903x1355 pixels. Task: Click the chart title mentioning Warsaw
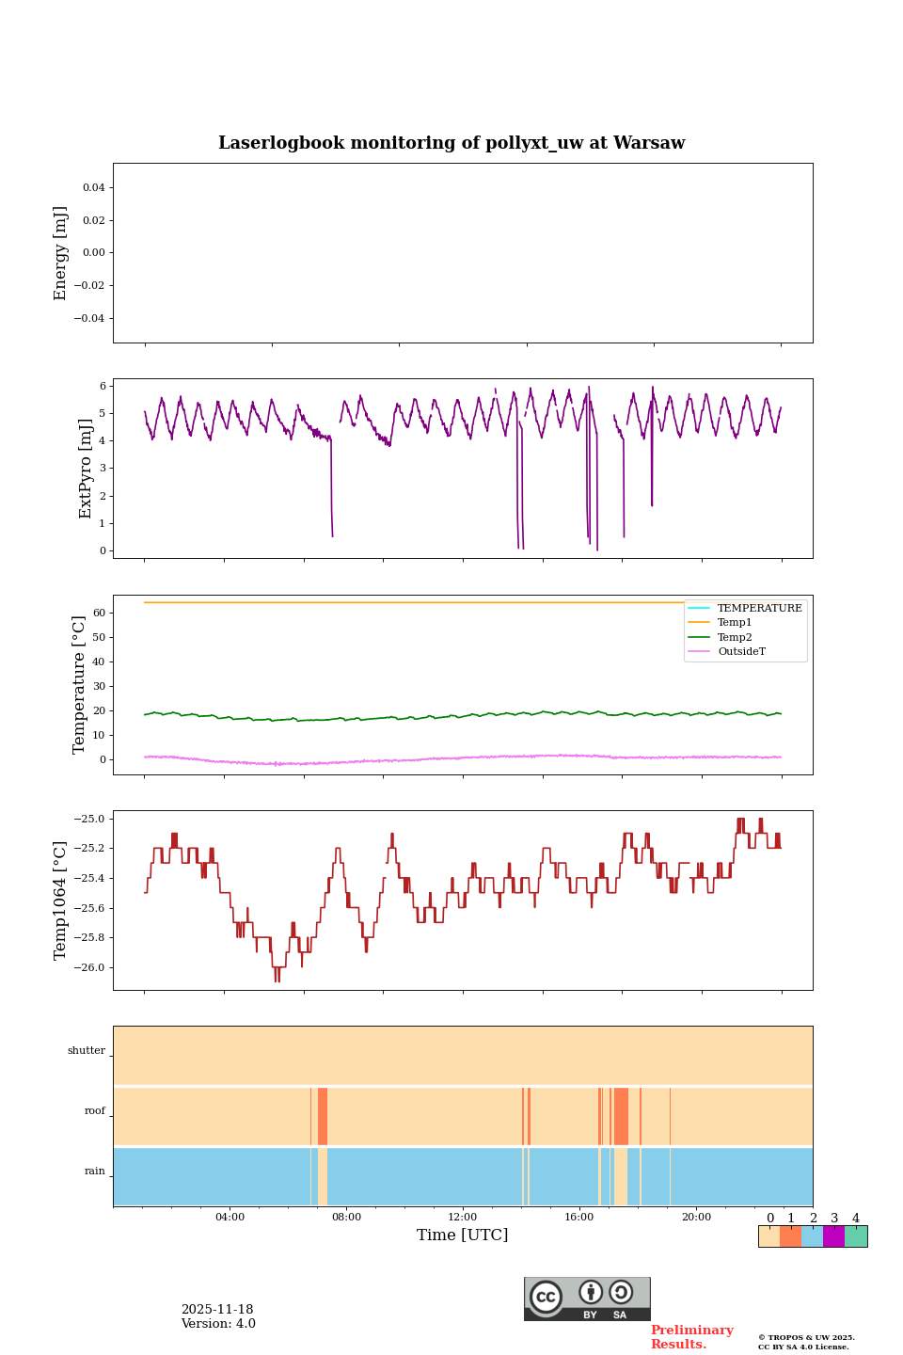[451, 143]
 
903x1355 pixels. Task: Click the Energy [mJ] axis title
[61, 253]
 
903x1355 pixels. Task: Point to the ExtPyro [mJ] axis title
[86, 469]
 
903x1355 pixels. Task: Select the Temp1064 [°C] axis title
[61, 901]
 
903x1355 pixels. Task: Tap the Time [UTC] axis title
[462, 1235]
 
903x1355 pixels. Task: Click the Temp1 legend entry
[735, 623]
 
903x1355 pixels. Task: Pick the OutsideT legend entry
[741, 651]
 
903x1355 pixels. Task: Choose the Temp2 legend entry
[735, 637]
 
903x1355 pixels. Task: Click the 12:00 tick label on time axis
[462, 1217]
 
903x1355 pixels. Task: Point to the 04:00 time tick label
[230, 1217]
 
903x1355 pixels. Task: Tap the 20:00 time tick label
[696, 1217]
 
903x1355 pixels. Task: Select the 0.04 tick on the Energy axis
[93, 187]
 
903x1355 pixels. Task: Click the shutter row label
[87, 1051]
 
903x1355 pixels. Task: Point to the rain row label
[95, 1172]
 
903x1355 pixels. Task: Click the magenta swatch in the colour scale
[833, 1236]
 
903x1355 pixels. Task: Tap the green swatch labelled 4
[856, 1236]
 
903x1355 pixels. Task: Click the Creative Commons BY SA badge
[587, 1299]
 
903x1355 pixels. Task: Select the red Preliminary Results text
[691, 1337]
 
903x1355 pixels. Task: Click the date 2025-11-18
[217, 1310]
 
